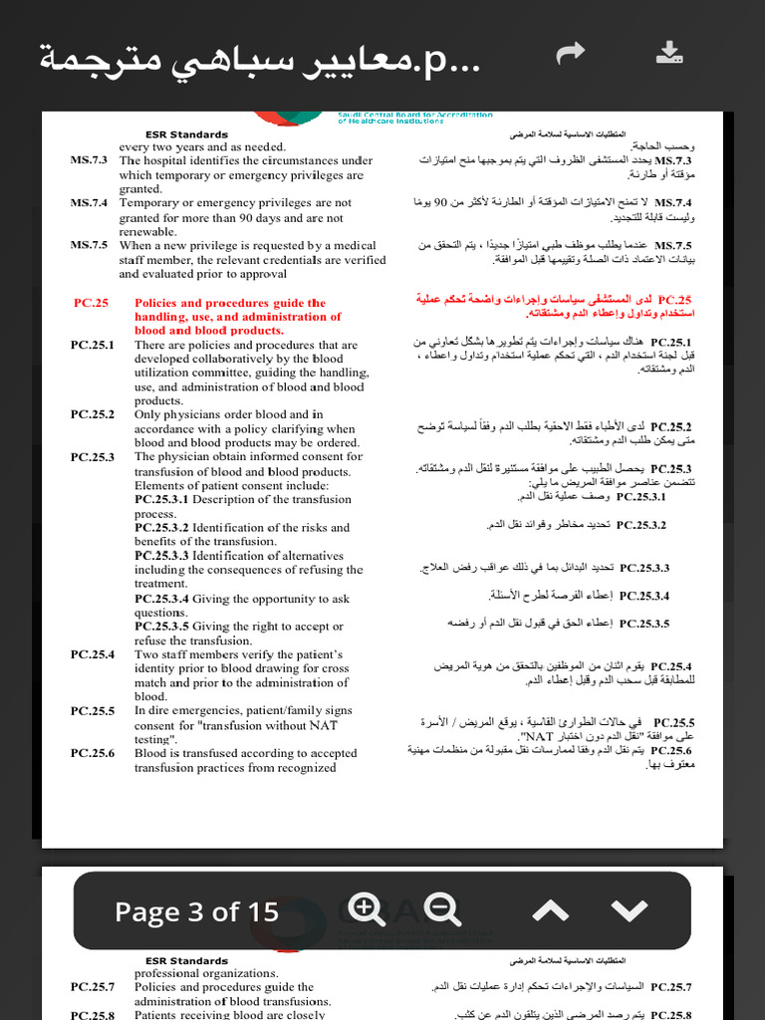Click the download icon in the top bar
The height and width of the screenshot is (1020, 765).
[670, 53]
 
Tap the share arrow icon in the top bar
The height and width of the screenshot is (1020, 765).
[571, 53]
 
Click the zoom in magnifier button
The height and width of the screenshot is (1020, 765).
[367, 909]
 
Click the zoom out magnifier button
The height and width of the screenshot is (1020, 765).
[442, 909]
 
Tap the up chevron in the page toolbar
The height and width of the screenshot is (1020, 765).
[551, 910]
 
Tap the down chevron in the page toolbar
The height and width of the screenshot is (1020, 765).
[629, 910]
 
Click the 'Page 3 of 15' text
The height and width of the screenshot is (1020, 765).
[196, 911]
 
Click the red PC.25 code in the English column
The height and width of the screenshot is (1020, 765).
[91, 303]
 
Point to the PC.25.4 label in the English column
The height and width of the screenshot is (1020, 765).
[92, 654]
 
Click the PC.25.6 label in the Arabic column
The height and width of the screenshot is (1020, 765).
[671, 750]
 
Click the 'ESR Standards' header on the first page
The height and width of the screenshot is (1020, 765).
[186, 134]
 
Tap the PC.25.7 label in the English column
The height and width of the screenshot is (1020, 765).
[92, 986]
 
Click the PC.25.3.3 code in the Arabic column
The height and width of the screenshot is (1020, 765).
[644, 568]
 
